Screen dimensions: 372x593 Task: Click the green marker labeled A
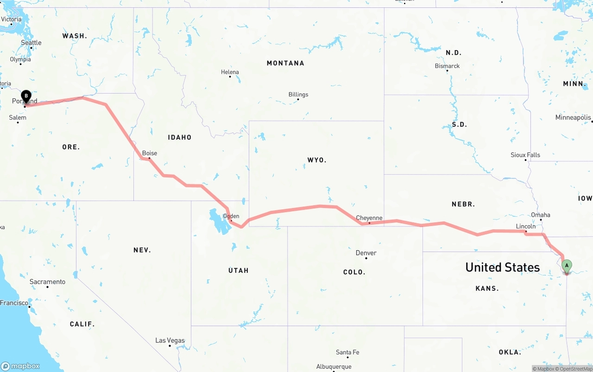pos(566,266)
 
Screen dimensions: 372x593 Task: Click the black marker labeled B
pos(26,96)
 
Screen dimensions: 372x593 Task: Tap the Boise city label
pos(150,153)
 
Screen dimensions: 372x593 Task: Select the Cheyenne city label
pos(369,218)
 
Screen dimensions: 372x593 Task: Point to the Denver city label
pos(366,253)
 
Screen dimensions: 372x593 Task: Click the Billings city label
pos(298,95)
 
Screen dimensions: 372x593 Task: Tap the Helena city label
pos(230,72)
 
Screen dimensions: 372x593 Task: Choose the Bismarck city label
pos(447,66)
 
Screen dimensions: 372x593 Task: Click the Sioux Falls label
pos(525,155)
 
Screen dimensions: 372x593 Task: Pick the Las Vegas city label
pos(170,340)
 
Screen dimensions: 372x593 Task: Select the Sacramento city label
pos(47,282)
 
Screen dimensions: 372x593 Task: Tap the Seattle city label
pos(31,43)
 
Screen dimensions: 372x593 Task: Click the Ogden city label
pos(231,216)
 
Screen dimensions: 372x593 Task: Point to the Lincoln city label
pos(526,226)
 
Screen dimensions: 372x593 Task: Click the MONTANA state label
pos(285,63)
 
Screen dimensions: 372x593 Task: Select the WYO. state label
pos(317,160)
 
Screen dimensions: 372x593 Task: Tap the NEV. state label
pos(142,250)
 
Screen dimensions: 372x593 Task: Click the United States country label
pos(502,267)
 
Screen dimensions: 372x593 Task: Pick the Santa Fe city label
pos(347,353)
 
